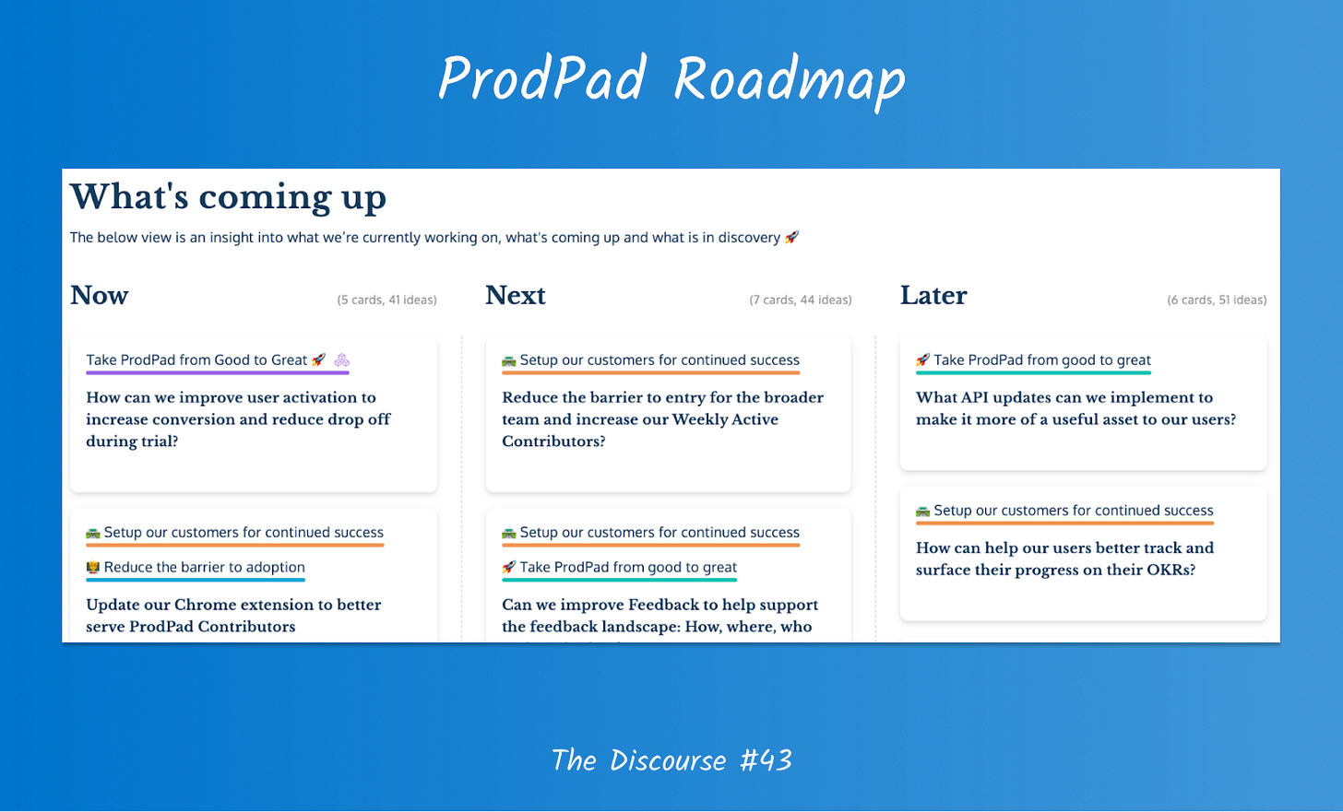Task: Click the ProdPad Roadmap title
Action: pos(671,80)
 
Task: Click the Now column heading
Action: pos(99,296)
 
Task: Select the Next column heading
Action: pos(515,296)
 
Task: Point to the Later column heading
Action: pos(933,296)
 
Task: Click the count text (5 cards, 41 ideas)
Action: pos(386,300)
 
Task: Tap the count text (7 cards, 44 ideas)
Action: pos(801,300)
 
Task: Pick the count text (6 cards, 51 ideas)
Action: pos(1217,300)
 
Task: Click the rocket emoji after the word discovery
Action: pos(792,237)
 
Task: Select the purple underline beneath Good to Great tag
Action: pos(218,372)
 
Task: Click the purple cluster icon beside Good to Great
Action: pos(341,359)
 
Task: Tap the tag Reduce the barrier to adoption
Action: pos(196,567)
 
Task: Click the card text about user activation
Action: pos(238,419)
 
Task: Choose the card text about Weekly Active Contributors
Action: pos(662,419)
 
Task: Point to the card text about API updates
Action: pos(1076,408)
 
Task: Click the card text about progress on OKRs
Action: pos(1064,559)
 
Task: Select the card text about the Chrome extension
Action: pos(233,616)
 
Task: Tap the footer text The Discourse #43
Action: pos(671,759)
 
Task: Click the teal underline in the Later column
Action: pos(1033,372)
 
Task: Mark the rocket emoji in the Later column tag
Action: pos(922,359)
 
